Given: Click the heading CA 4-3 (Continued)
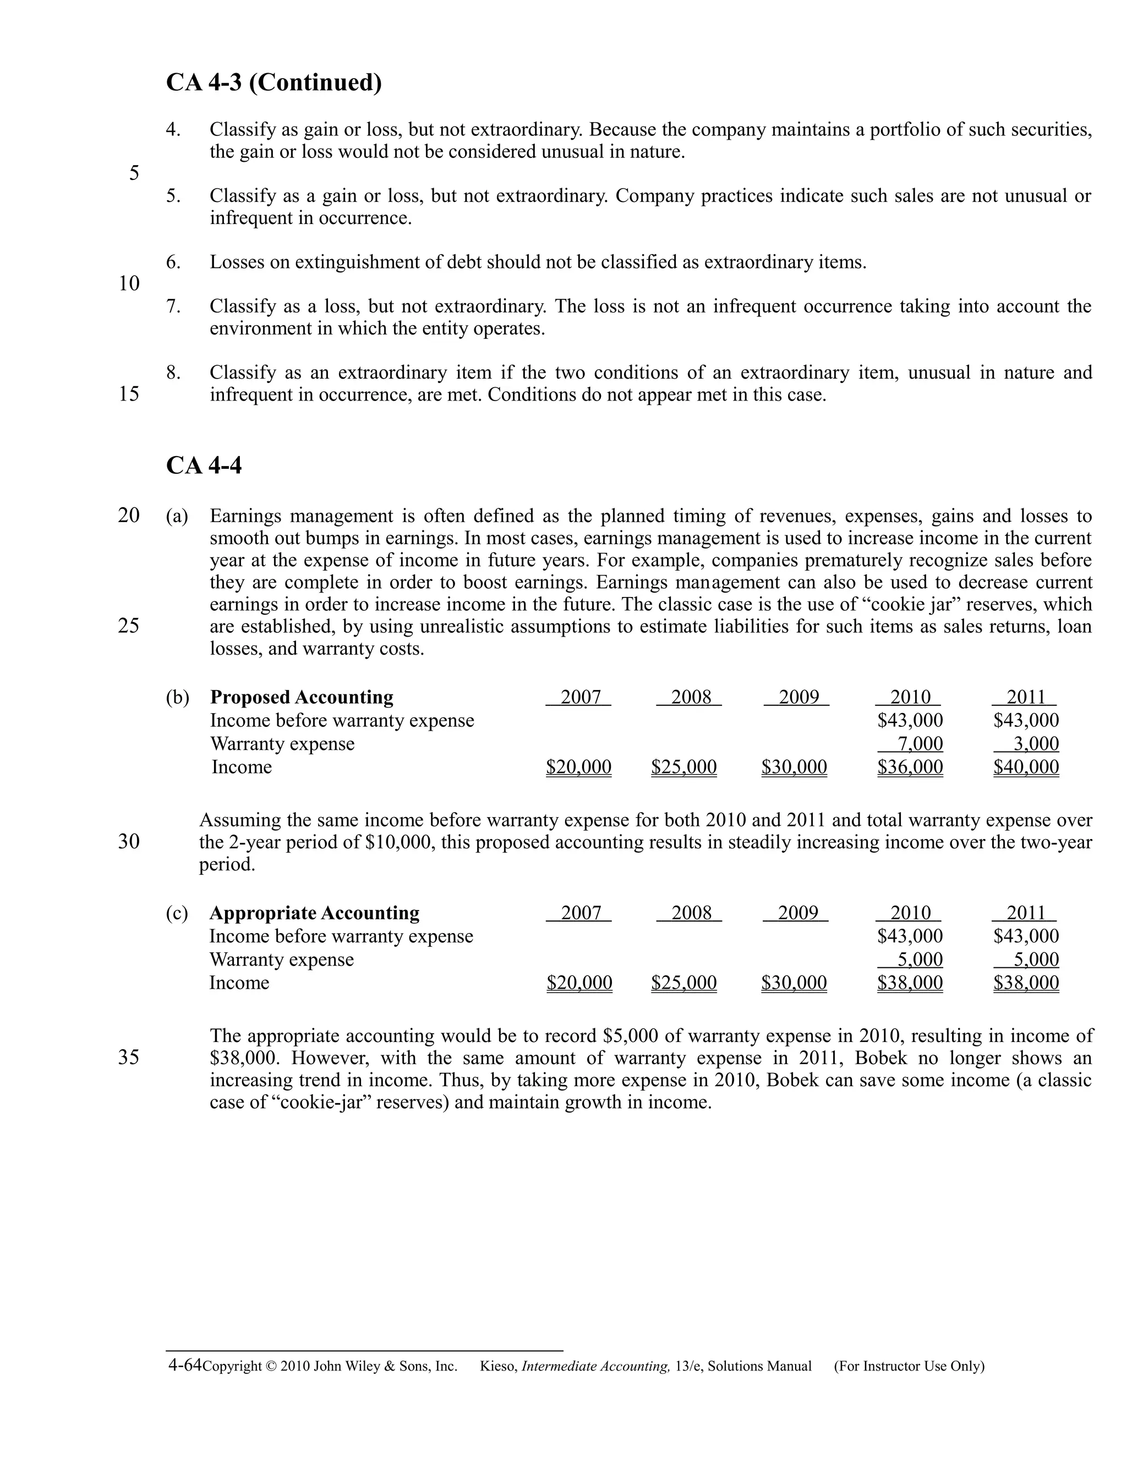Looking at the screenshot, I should coord(273,83).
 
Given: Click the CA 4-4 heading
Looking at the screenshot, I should coord(204,465).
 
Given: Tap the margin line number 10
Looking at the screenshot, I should coord(129,284).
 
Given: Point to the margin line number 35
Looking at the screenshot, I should coord(129,1057).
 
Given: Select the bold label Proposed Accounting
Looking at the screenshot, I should coord(301,697).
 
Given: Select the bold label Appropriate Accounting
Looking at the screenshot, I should coord(314,913).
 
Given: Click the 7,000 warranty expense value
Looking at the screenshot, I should coord(920,744).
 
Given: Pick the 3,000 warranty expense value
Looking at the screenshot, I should coord(1036,744).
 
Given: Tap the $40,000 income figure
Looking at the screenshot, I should coord(1026,767).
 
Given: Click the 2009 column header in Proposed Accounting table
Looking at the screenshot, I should coord(798,697).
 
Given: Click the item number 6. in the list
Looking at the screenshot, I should coord(173,262).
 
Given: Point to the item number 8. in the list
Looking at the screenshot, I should coord(173,372).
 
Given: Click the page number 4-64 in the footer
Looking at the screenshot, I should coord(184,1365).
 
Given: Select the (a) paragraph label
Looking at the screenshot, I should coord(177,516).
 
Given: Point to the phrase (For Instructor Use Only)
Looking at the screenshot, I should coord(909,1367).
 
